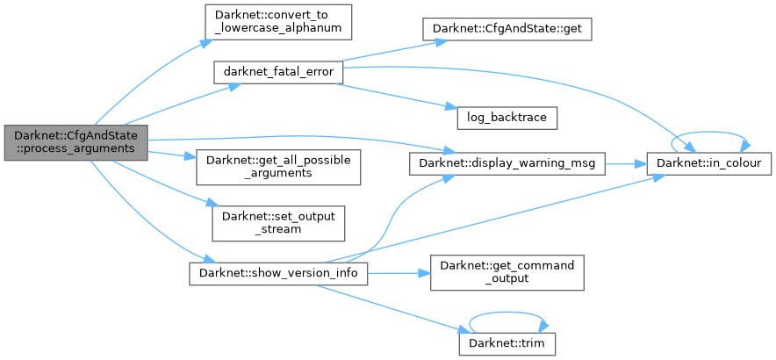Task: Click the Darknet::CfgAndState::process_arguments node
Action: pyautogui.click(x=75, y=141)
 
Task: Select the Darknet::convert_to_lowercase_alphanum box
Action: pyautogui.click(x=278, y=21)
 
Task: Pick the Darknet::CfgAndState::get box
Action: pyautogui.click(x=507, y=28)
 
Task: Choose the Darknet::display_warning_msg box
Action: pyautogui.click(x=507, y=163)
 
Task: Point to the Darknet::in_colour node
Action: pyautogui.click(x=708, y=163)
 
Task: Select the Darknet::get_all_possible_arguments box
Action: pyautogui.click(x=278, y=166)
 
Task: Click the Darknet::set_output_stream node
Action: pyautogui.click(x=278, y=223)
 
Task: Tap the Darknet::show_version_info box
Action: pyautogui.click(x=278, y=272)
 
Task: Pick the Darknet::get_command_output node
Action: pyautogui.click(x=507, y=272)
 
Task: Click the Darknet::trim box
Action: pyautogui.click(x=507, y=343)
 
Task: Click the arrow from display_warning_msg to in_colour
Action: pyautogui.click(x=626, y=164)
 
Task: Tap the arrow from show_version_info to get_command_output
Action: pyautogui.click(x=399, y=273)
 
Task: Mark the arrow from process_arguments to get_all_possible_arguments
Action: pyautogui.click(x=172, y=155)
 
